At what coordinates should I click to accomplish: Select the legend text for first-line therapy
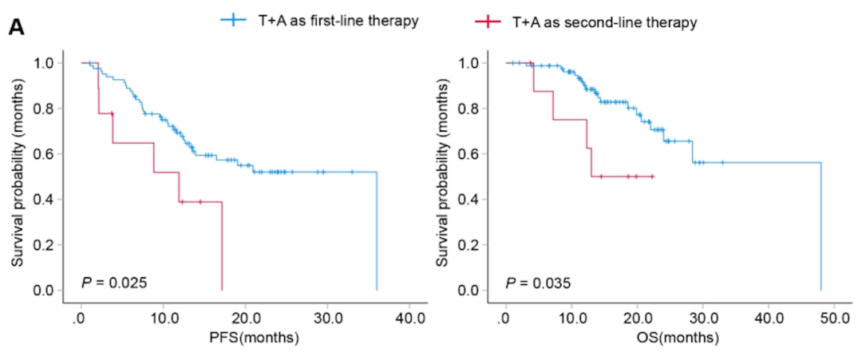pos(331,22)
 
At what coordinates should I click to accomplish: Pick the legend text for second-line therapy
pos(604,22)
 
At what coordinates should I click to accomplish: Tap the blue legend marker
pos(231,22)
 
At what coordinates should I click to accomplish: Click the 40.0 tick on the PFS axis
pos(409,318)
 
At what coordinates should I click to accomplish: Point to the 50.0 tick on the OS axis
pos(833,318)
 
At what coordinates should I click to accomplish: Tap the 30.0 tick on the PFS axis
pos(327,318)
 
